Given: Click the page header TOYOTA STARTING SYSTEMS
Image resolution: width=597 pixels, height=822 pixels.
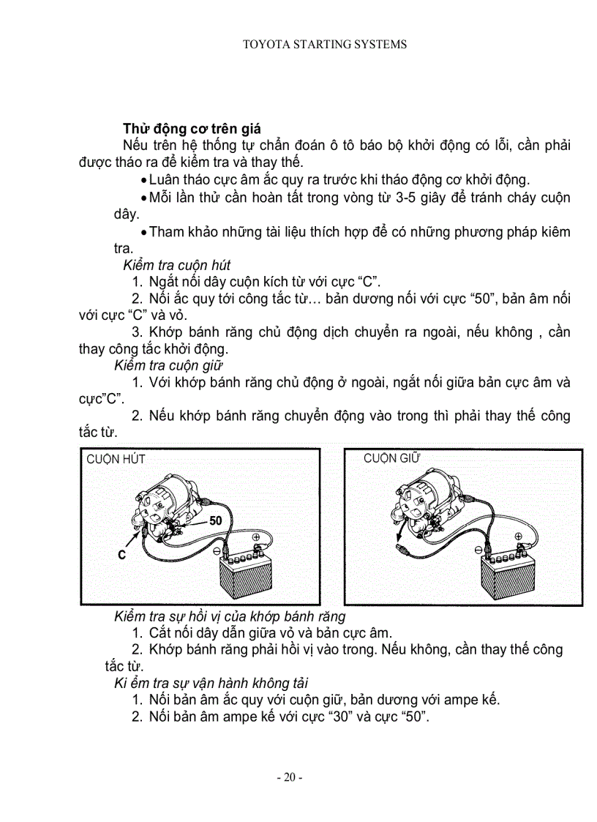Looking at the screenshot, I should [324, 45].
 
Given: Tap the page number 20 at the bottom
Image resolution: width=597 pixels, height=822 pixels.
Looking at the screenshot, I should [289, 777].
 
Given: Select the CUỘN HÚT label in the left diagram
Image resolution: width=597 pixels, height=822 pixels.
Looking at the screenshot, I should [116, 460].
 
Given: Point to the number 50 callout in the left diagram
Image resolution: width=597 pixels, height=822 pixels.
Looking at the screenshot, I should [215, 521].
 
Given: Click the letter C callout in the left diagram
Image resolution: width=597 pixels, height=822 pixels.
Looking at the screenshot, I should [122, 556].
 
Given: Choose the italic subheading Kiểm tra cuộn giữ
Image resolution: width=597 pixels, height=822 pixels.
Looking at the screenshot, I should [169, 365].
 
